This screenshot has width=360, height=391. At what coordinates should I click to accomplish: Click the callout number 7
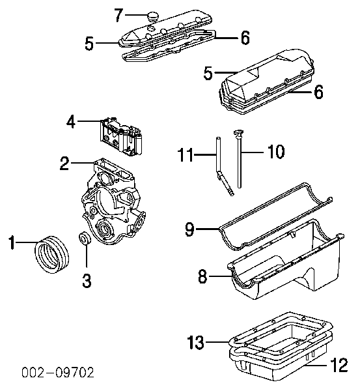(119, 15)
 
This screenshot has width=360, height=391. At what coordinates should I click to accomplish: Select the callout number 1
(12, 242)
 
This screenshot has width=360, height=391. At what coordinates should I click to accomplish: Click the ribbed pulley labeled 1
(51, 254)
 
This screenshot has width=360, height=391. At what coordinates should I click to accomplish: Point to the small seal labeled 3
(85, 238)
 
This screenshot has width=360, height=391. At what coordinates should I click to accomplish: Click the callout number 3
(87, 280)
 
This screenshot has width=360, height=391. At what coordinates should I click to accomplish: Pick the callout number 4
(71, 122)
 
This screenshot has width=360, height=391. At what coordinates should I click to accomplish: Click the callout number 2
(64, 164)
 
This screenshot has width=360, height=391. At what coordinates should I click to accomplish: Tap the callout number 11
(186, 155)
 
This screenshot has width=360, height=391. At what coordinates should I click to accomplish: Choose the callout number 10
(276, 151)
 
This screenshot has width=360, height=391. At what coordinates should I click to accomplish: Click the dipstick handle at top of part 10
(238, 132)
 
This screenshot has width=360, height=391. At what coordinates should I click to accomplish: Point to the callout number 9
(189, 229)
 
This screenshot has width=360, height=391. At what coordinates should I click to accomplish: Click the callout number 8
(202, 276)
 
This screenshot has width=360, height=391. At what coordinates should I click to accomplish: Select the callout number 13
(195, 342)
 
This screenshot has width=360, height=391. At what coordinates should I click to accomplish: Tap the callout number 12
(339, 365)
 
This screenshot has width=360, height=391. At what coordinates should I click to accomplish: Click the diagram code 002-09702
(58, 373)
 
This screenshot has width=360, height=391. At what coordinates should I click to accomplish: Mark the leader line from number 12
(316, 366)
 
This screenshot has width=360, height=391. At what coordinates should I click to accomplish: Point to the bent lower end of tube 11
(225, 184)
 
